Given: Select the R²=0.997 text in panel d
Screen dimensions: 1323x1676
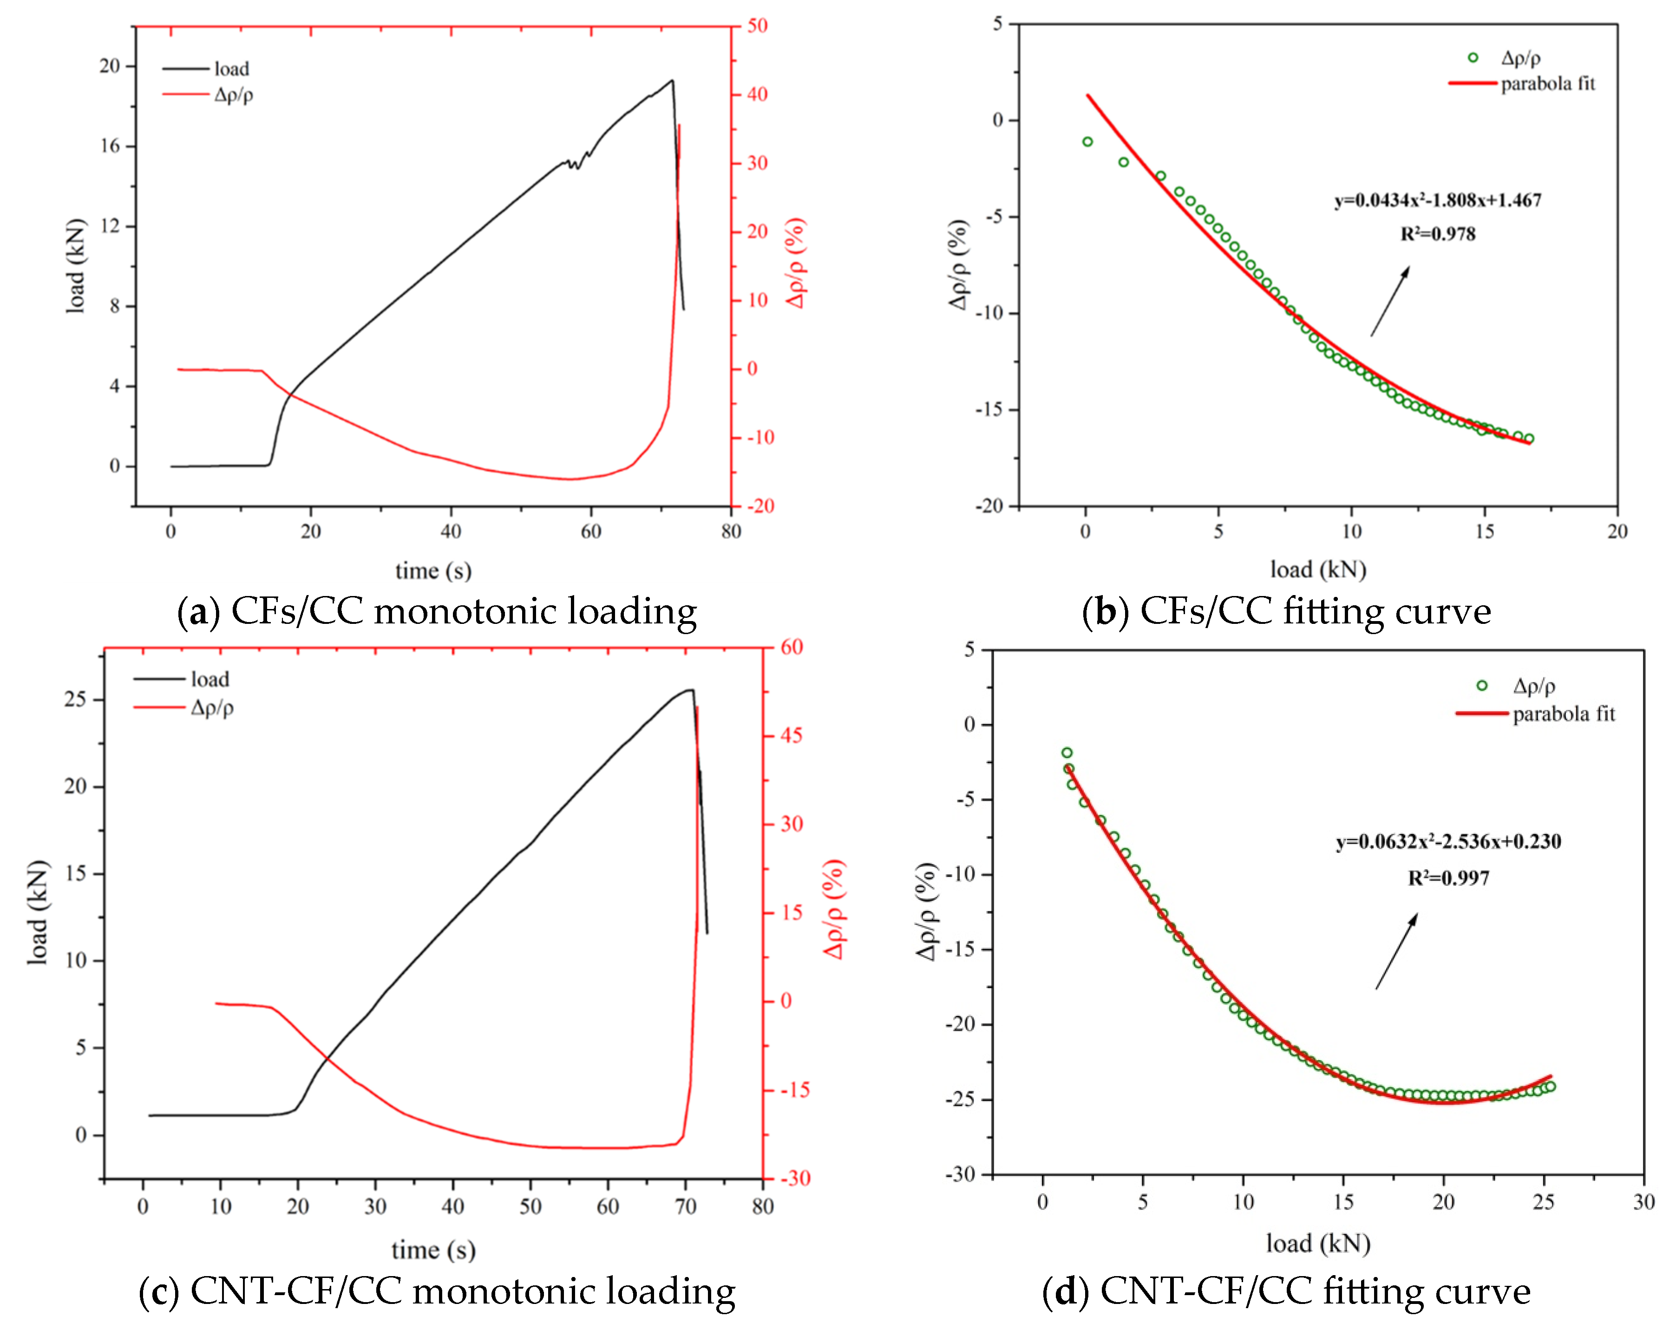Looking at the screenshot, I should point(1448,878).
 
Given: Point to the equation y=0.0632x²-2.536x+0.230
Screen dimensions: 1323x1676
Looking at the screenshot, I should point(1448,841).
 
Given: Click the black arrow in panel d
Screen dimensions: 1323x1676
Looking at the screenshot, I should point(1396,951).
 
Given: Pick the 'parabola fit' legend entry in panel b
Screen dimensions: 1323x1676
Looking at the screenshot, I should point(1547,84).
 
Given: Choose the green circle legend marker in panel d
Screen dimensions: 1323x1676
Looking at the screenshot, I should point(1482,686).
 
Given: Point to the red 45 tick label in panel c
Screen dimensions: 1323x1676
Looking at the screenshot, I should point(791,735).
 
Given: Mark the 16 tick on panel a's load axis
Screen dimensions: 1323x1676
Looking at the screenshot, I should point(110,145).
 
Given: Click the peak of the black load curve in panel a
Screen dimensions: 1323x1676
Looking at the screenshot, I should point(672,80).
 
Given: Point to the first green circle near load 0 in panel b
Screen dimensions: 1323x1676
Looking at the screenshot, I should point(1087,142).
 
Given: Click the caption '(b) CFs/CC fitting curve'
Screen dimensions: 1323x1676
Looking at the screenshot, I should point(1286,611).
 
